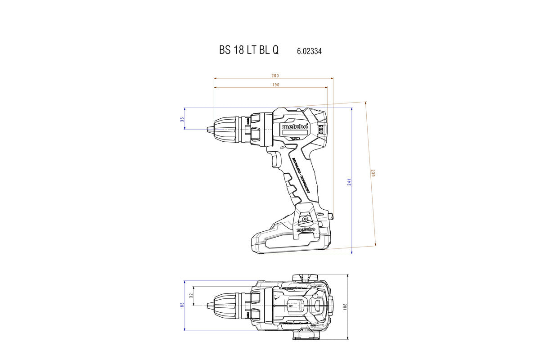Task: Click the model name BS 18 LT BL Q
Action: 249,50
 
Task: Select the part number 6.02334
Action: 309,51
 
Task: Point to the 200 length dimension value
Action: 275,75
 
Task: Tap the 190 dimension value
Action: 275,85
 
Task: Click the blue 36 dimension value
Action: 182,119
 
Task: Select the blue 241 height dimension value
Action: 349,182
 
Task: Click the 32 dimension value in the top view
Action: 191,296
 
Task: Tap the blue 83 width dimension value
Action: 182,305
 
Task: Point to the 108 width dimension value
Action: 345,306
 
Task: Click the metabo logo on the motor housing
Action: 295,127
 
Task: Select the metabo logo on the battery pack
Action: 306,229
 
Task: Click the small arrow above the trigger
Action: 282,147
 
